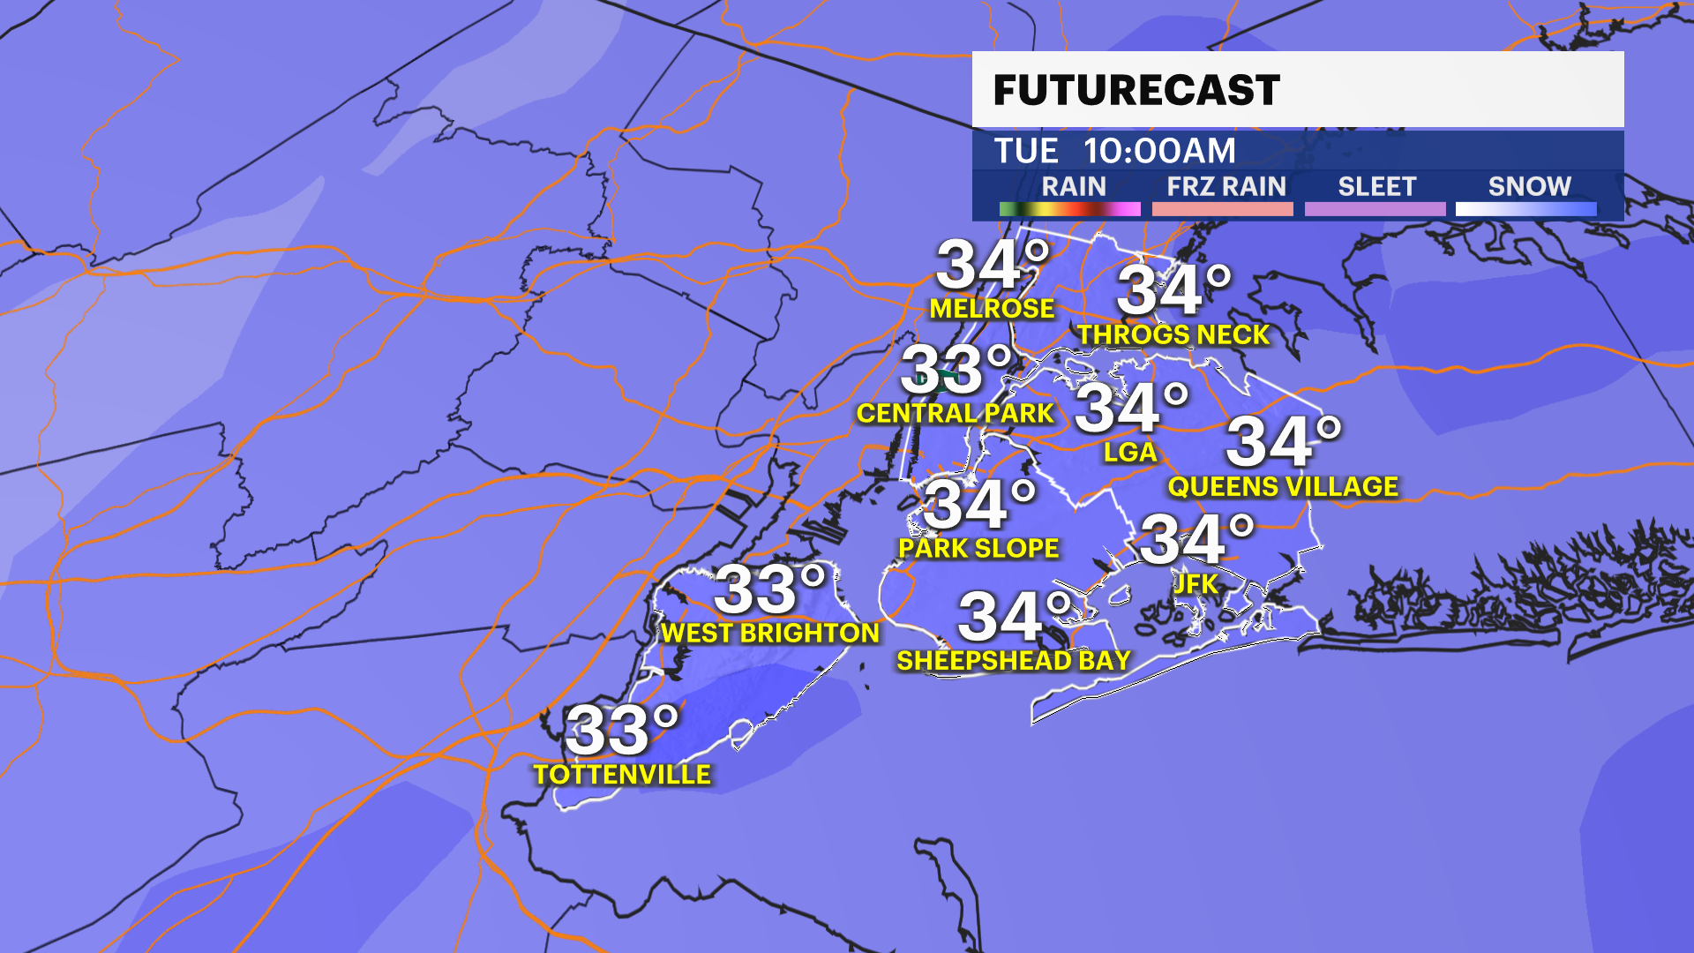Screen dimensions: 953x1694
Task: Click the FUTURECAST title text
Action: (x=1136, y=90)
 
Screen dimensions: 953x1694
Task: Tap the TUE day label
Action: (x=1026, y=151)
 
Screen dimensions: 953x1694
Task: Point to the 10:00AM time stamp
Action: (x=1159, y=151)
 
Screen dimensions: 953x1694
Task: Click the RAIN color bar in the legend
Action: (x=1069, y=209)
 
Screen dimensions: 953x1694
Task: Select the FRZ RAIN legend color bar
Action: (x=1222, y=209)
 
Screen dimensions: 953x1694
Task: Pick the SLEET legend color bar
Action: (x=1375, y=209)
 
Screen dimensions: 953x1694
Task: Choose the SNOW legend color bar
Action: (x=1525, y=209)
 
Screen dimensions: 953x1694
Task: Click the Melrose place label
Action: (x=992, y=309)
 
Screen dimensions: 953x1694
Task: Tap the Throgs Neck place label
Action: (x=1173, y=335)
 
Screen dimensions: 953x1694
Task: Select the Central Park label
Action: (x=955, y=413)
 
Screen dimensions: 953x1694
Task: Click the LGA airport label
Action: (x=1130, y=453)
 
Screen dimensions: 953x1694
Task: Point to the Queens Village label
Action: (x=1283, y=486)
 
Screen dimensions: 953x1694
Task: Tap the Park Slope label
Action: (x=978, y=548)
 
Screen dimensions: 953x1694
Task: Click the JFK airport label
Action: (x=1196, y=583)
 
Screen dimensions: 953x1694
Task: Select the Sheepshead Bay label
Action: (x=1014, y=660)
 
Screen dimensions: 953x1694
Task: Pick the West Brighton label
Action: (x=770, y=633)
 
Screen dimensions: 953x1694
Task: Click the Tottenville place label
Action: (x=622, y=775)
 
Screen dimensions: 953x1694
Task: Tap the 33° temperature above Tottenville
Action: (x=621, y=730)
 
